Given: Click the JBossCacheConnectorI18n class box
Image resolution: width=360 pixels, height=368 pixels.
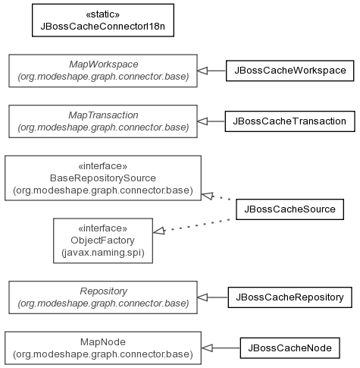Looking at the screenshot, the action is point(103,20).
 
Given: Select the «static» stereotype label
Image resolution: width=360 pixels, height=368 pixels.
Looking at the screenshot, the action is point(103,14).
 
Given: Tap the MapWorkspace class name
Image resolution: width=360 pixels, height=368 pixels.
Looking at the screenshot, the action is point(104,64).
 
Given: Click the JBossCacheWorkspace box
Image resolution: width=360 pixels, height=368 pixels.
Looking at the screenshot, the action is point(290,71).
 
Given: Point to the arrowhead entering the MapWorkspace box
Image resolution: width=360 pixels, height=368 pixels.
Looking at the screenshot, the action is point(202,71).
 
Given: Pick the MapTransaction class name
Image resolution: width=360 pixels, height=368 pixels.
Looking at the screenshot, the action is point(103,115).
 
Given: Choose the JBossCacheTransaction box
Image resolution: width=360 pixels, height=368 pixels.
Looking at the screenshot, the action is point(290,121).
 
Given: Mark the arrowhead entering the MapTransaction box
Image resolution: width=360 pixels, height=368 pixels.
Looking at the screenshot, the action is point(202,121).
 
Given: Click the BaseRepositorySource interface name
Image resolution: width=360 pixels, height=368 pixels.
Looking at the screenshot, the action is point(103,178).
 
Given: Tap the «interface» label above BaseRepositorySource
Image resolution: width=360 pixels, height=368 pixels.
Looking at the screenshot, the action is point(103,166).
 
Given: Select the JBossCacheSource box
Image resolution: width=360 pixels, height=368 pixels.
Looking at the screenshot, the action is point(290,209).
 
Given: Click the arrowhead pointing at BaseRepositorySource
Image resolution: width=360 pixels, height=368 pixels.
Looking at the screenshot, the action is point(208,196).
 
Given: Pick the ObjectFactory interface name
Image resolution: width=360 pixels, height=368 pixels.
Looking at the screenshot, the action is point(102,241).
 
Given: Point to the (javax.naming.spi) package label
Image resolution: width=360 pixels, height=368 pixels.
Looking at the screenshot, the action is point(103,253).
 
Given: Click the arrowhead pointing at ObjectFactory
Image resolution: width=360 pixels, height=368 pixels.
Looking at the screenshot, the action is point(159,231).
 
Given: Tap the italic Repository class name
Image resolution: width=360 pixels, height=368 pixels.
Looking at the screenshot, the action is point(104,291).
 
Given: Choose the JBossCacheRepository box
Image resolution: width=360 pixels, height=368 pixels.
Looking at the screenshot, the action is point(290,297).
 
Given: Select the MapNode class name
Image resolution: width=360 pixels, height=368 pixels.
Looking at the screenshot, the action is point(103,342).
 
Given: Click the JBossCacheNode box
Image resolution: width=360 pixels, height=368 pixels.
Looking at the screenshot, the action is point(290,348).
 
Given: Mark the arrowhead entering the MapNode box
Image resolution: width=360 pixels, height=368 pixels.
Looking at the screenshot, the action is point(207,348).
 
